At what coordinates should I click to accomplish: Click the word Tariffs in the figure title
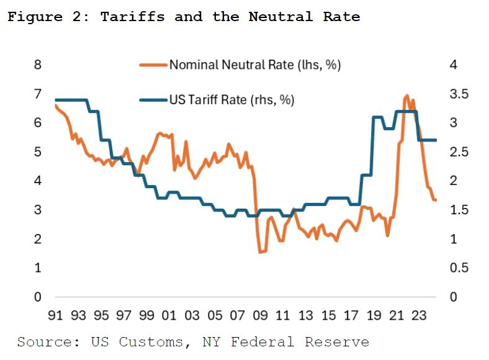tap(132, 17)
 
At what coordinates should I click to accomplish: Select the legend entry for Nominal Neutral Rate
tap(255, 65)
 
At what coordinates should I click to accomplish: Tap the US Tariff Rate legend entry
tap(231, 99)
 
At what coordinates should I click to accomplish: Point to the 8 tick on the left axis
tap(37, 65)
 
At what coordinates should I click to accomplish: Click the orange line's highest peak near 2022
tap(407, 96)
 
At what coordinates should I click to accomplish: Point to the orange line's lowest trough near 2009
tap(260, 252)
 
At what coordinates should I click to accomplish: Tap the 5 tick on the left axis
tap(37, 152)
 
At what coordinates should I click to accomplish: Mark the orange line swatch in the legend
tap(153, 65)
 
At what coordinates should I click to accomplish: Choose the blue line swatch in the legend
tap(153, 99)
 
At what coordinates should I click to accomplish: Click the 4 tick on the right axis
tap(452, 65)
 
